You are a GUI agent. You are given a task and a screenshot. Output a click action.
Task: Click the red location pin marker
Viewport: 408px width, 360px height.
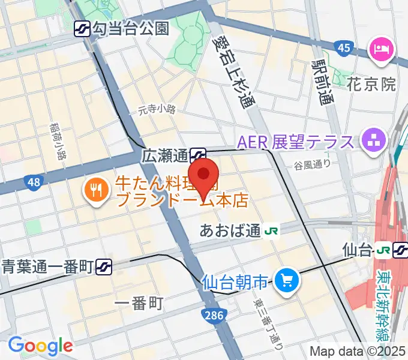pyautogui.click(x=204, y=175)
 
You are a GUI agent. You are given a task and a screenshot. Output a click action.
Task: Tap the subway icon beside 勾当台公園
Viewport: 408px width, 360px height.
pyautogui.click(x=82, y=28)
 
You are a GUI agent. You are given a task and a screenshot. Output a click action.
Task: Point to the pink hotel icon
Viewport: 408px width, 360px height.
pyautogui.click(x=381, y=47)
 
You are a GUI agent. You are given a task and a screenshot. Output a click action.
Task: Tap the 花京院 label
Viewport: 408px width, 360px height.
pyautogui.click(x=371, y=84)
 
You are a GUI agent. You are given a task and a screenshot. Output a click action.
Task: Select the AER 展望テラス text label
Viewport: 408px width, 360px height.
pyautogui.click(x=296, y=142)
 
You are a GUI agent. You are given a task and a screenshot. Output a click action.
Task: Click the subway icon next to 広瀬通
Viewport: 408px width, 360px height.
pyautogui.click(x=198, y=156)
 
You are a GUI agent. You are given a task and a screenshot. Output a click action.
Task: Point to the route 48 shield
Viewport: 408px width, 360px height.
pyautogui.click(x=34, y=181)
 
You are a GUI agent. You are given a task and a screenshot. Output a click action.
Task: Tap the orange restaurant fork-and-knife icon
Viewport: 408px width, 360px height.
pyautogui.click(x=96, y=191)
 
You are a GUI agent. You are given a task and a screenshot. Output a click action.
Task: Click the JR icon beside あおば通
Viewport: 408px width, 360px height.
pyautogui.click(x=271, y=231)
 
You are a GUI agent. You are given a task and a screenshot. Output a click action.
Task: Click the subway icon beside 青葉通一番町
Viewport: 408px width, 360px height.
pyautogui.click(x=104, y=265)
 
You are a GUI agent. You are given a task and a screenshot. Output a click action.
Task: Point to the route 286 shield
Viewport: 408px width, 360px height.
pyautogui.click(x=210, y=314)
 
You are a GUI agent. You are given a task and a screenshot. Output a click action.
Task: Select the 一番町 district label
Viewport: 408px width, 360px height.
pyautogui.click(x=138, y=304)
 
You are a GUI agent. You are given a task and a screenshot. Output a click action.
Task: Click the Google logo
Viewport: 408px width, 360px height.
pyautogui.click(x=40, y=346)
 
